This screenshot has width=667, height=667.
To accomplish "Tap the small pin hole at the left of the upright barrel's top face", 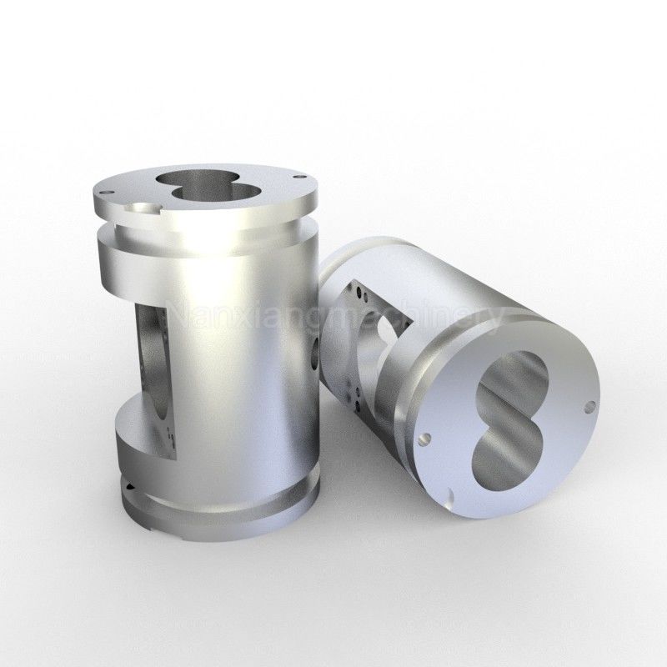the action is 107,193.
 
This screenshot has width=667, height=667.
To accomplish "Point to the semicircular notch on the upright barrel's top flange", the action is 144,208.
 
